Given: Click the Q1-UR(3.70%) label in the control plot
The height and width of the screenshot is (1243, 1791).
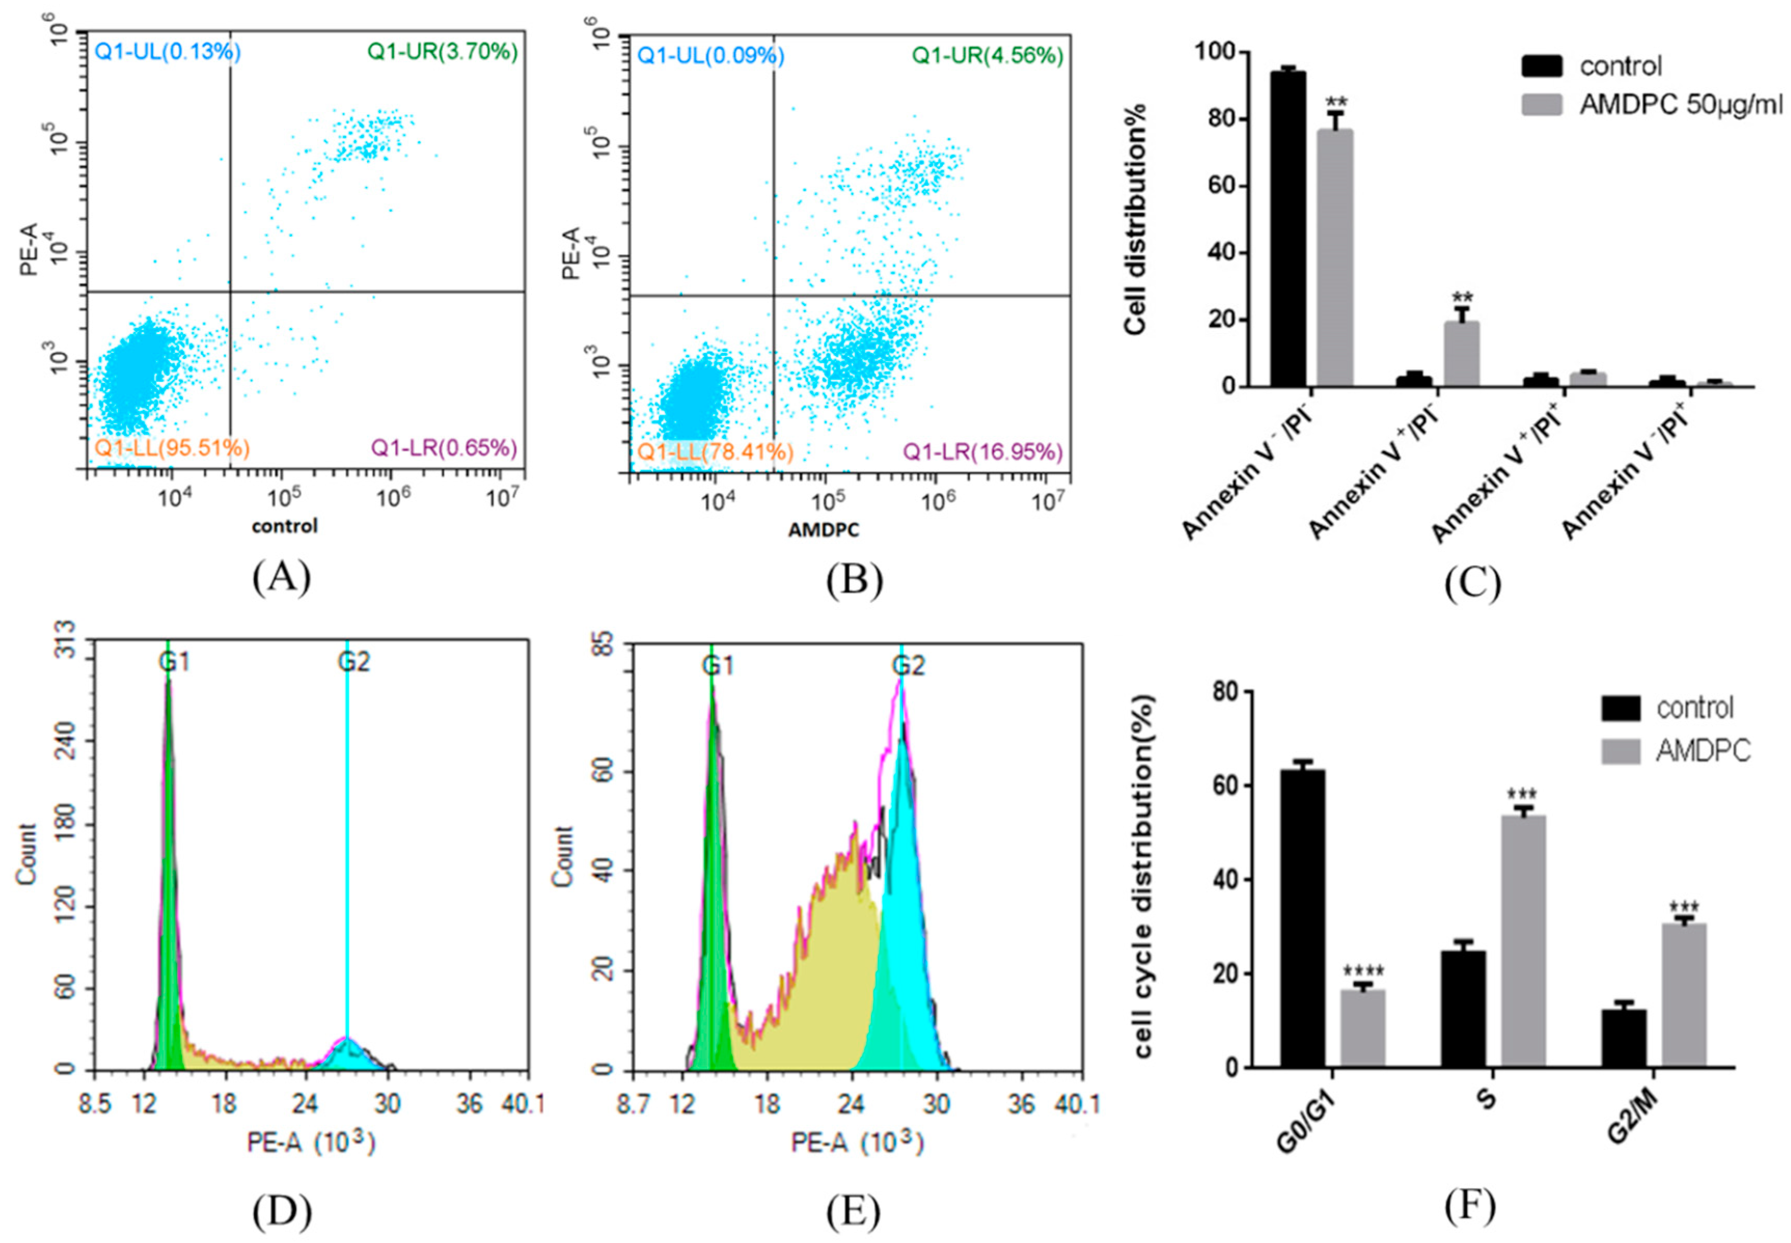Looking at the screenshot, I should click(x=442, y=52).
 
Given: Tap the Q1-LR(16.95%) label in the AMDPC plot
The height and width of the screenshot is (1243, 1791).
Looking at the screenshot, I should click(x=983, y=452).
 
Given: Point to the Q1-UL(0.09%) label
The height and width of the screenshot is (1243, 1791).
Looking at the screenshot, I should click(x=711, y=56).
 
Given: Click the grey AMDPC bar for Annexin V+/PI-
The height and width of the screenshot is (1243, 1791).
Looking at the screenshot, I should click(x=1462, y=354).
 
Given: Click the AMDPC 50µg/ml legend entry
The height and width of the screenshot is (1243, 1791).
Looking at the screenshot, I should click(x=1680, y=104).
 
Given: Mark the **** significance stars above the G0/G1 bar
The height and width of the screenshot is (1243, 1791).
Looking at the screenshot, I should click(x=1363, y=971).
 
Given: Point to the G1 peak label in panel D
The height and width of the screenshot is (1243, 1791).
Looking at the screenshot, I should click(x=174, y=662).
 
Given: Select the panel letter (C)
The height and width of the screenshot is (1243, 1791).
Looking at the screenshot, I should click(x=1472, y=583).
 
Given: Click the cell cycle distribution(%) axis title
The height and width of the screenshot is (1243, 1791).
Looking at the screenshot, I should click(x=1143, y=876).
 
